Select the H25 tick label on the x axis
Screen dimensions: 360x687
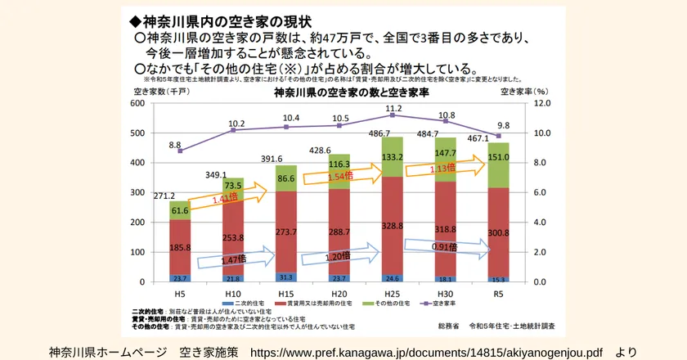tap(393, 292)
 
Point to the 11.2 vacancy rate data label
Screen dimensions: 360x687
tap(393, 108)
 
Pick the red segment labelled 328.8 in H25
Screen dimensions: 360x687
tap(393, 225)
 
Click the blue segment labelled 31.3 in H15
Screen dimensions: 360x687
tap(285, 277)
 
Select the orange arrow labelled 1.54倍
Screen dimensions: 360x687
tap(339, 176)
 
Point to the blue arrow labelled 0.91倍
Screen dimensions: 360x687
tap(445, 247)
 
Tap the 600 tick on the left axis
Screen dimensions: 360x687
tap(137, 104)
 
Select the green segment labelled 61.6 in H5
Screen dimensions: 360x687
tap(180, 210)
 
